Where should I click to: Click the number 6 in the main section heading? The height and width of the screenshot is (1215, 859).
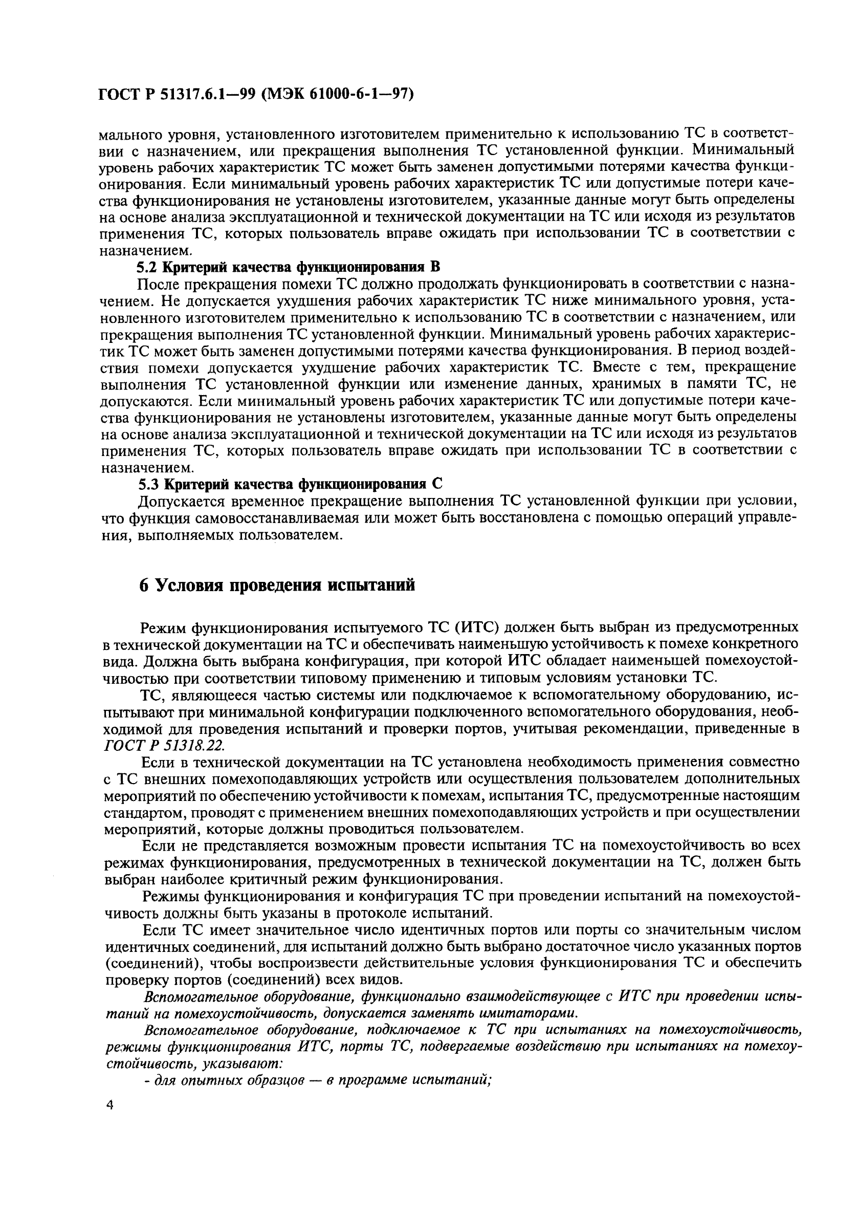point(143,585)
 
